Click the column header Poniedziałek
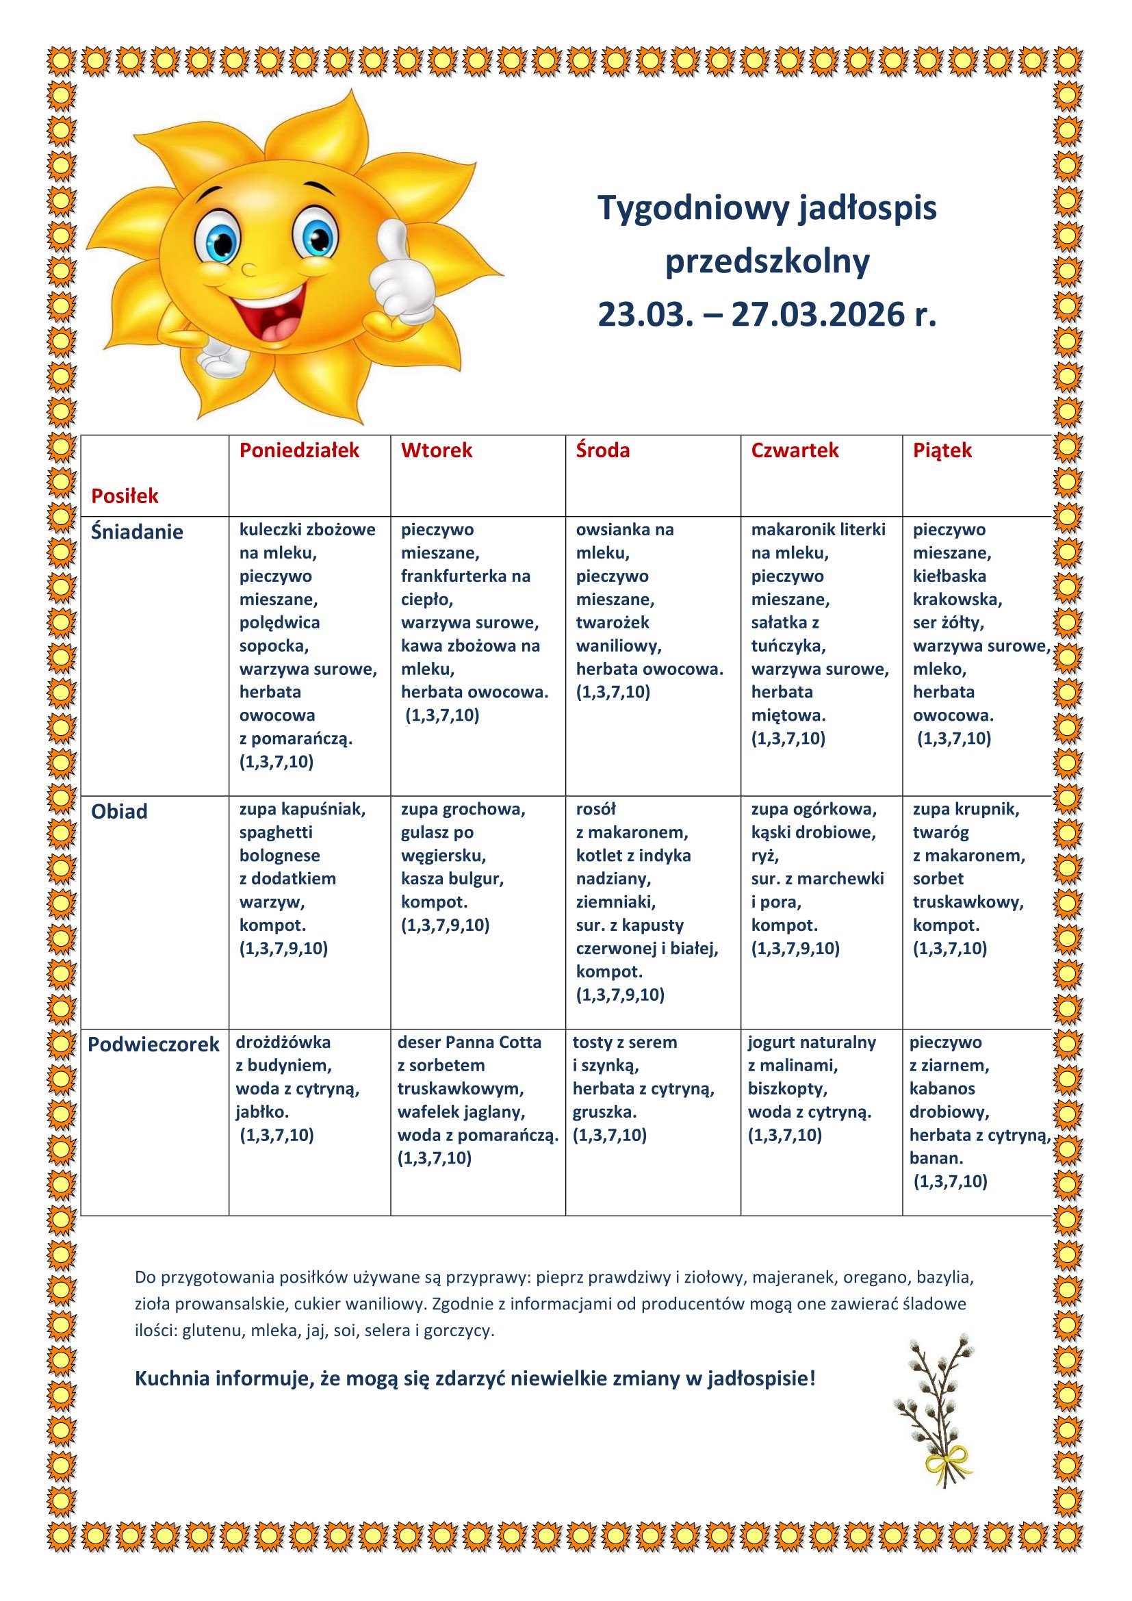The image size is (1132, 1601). point(299,450)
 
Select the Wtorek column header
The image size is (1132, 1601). point(437,450)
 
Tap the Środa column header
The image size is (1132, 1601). point(602,450)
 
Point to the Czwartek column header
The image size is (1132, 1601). point(795,450)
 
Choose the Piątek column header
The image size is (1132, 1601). point(942,450)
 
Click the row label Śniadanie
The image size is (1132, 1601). point(138,532)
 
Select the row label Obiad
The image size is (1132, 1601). point(119,812)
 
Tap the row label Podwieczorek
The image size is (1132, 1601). point(153,1045)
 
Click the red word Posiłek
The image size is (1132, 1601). point(125,496)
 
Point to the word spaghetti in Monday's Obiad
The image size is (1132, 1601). point(276,832)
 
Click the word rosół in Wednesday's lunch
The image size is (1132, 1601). point(596,809)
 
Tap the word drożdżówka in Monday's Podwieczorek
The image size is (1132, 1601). point(283,1042)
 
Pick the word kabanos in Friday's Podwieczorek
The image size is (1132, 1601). point(942,1088)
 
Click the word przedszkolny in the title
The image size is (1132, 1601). point(767,261)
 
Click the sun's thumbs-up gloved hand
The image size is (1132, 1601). point(400,272)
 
